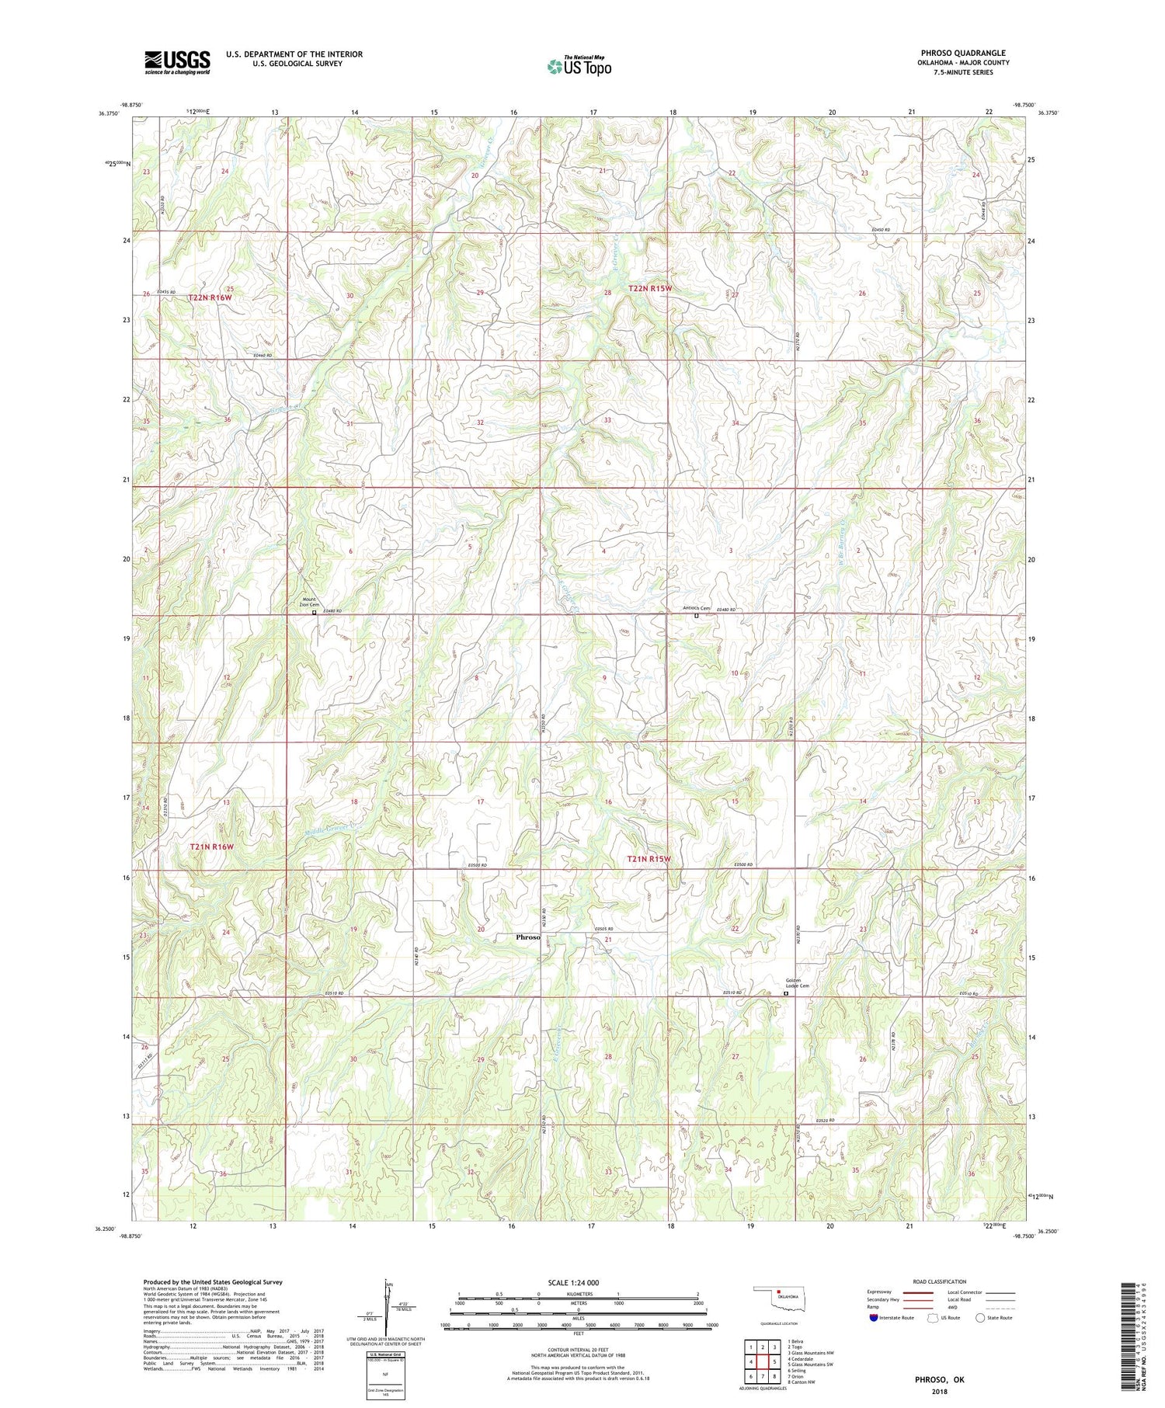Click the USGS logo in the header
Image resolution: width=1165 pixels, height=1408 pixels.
point(177,62)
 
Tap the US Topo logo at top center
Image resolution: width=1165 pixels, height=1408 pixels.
point(579,67)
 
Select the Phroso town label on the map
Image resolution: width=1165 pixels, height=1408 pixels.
point(528,937)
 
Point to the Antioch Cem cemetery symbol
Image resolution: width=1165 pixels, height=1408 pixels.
point(697,616)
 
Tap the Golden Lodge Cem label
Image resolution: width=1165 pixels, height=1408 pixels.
point(798,983)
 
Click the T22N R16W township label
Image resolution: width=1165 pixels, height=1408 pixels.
point(210,297)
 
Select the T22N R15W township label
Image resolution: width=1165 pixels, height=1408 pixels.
point(650,288)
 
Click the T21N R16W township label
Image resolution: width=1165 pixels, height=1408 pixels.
point(211,847)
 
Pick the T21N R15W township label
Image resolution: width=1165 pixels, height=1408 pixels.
point(649,859)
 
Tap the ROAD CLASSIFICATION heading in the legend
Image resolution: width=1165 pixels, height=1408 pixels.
point(940,1281)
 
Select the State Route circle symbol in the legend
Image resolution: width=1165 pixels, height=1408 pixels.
point(980,1317)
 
